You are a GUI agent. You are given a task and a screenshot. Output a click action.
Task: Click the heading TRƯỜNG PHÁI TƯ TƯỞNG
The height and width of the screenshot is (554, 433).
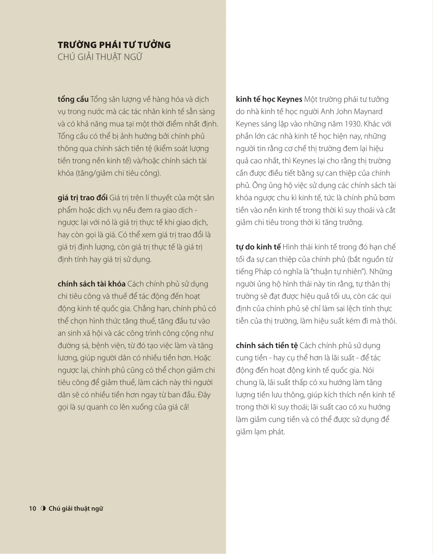[114, 45]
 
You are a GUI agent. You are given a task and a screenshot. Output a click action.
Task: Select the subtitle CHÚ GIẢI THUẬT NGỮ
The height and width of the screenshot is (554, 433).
[100, 57]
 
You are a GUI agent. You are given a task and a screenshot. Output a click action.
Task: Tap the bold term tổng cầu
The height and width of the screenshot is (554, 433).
[73, 99]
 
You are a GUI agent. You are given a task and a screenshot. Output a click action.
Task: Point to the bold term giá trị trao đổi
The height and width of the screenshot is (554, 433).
[82, 198]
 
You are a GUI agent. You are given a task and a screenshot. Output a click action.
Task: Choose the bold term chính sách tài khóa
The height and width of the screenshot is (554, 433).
[91, 284]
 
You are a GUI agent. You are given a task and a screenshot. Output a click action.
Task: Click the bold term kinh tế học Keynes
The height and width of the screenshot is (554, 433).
[269, 99]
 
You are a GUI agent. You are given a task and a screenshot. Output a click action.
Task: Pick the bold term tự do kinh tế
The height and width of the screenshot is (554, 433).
[258, 247]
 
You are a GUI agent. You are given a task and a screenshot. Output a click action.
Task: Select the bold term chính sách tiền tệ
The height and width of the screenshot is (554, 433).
[267, 345]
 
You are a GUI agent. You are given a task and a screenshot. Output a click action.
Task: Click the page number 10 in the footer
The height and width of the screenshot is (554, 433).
[33, 508]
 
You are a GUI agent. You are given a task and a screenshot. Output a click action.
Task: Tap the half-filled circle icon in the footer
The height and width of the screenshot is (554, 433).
[43, 508]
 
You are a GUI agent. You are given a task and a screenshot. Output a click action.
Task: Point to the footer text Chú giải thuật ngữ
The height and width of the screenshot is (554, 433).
[76, 508]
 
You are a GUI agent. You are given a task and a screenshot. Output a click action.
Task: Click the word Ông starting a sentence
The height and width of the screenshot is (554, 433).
[259, 186]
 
